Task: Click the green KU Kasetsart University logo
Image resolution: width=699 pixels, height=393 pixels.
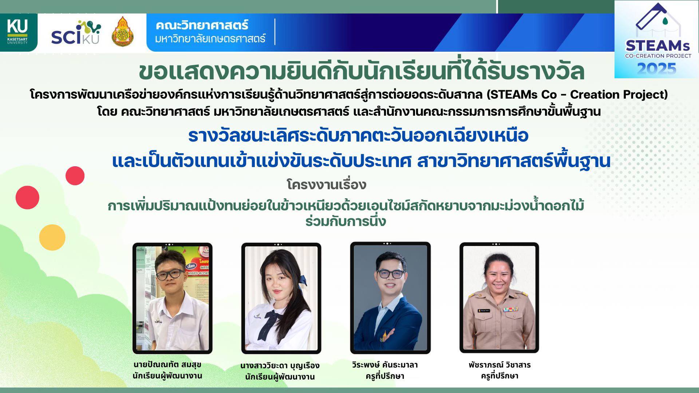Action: [18, 32]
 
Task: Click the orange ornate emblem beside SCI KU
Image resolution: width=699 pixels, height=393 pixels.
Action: [122, 32]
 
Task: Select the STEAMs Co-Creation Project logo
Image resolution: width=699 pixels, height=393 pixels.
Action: [656, 39]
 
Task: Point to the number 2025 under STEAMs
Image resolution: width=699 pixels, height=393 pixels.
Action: [657, 69]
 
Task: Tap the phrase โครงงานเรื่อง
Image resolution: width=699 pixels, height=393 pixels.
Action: [326, 185]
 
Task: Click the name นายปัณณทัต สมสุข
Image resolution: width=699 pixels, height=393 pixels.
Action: [167, 365]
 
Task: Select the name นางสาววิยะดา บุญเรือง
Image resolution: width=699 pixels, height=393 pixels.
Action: [280, 365]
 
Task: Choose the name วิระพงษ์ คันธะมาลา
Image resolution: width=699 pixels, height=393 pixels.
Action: [385, 365]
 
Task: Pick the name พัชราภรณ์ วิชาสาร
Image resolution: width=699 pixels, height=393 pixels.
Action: [499, 365]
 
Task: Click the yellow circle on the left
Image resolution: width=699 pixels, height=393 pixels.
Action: [52, 237]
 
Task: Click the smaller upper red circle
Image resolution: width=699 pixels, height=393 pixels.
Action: [75, 176]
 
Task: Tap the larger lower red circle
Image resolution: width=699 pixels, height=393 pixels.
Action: [27, 198]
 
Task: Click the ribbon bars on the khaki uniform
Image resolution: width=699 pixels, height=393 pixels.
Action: [510, 309]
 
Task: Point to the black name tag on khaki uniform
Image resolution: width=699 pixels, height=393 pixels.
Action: [484, 310]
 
